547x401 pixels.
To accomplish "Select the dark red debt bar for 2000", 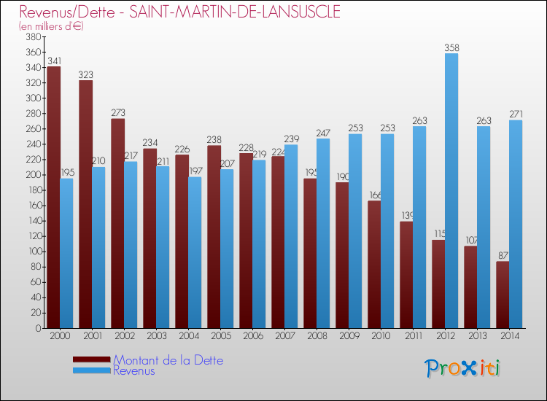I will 53,198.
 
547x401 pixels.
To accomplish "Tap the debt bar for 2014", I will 503,295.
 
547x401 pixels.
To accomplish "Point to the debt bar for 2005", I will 214,237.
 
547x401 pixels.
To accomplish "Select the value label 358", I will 451,48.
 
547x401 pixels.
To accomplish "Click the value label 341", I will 53,61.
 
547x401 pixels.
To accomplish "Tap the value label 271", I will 516,114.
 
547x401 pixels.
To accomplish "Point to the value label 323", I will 85,75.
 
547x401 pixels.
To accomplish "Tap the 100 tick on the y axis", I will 33,252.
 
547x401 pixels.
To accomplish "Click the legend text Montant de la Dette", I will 168,360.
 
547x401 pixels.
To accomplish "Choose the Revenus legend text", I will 134,370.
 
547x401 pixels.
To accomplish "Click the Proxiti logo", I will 463,368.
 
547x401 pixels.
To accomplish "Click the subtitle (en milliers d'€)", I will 52,26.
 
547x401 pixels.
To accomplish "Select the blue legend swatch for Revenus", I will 92,371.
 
